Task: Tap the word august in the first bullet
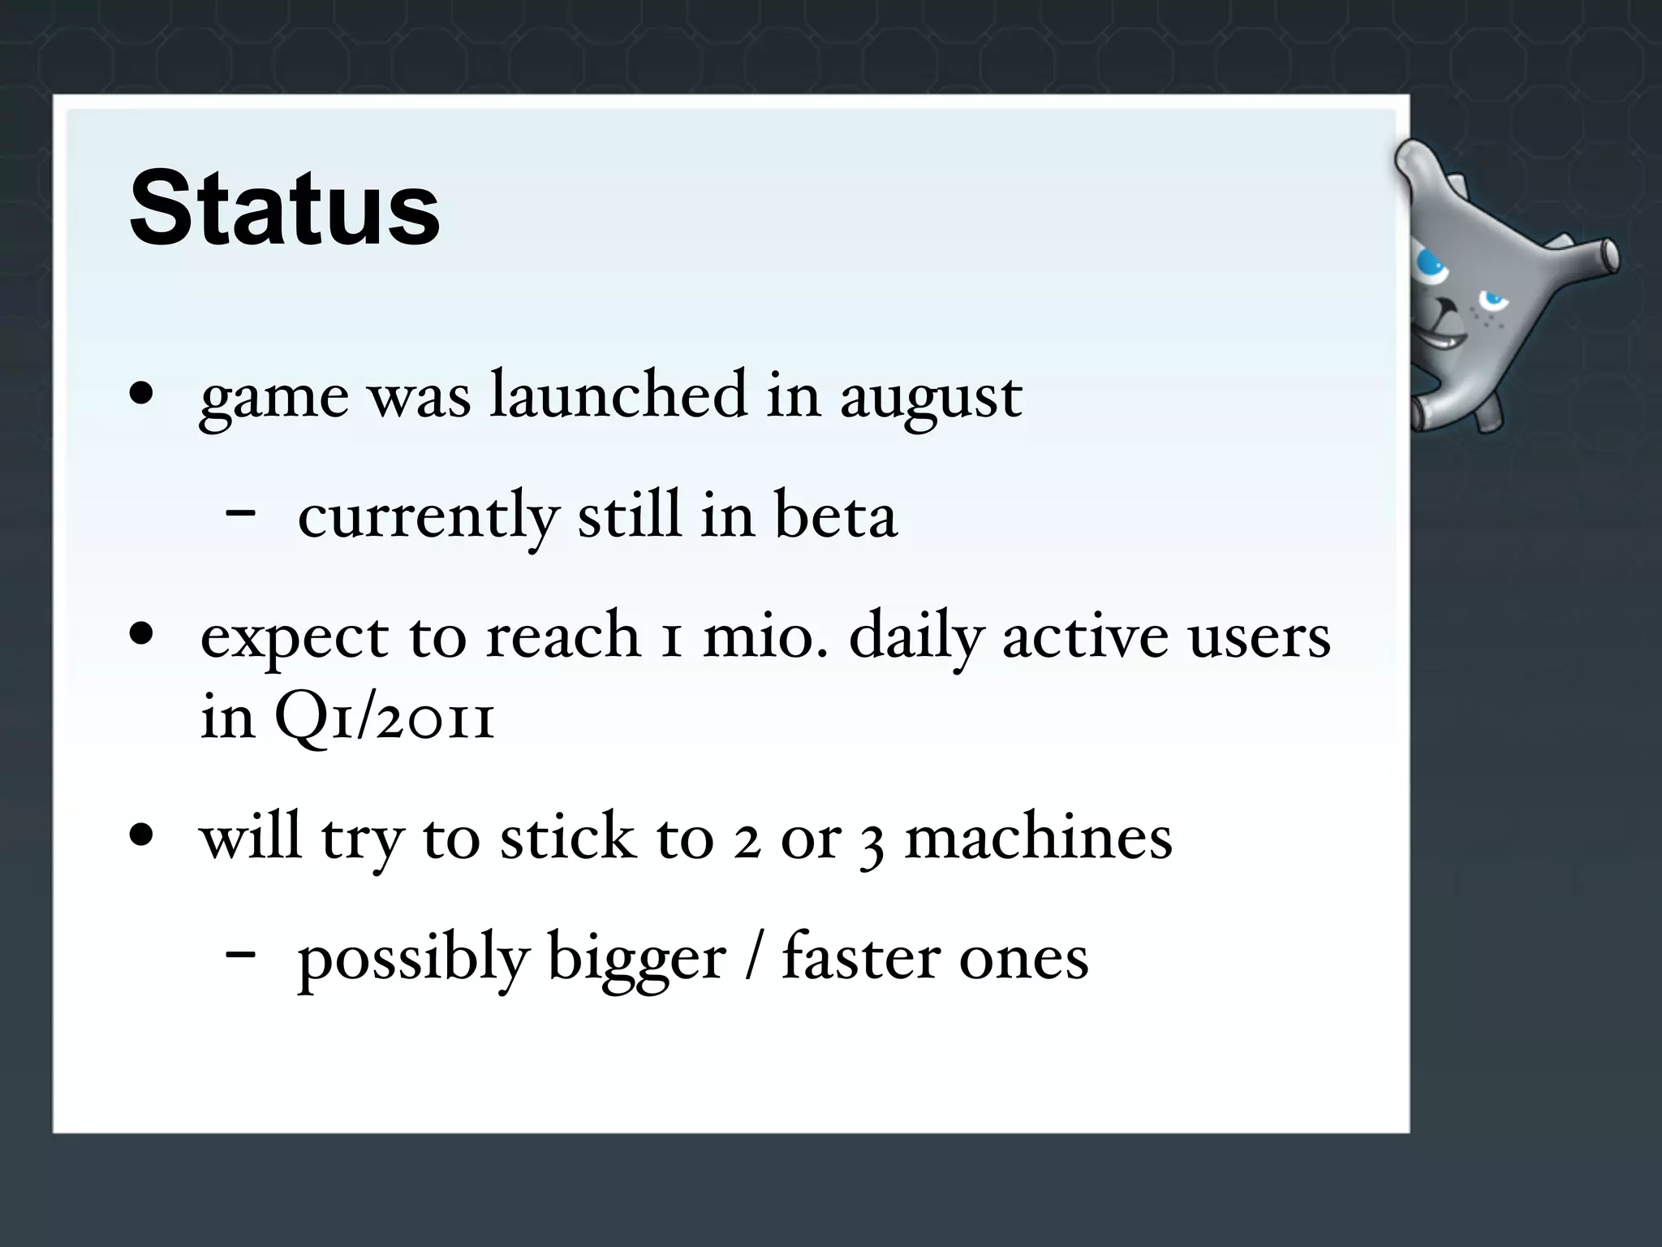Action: click(931, 398)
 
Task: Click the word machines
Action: click(1038, 838)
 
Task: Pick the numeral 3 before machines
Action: click(872, 843)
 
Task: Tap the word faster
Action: click(860, 958)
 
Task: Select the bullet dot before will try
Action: click(142, 836)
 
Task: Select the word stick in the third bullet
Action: click(566, 838)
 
